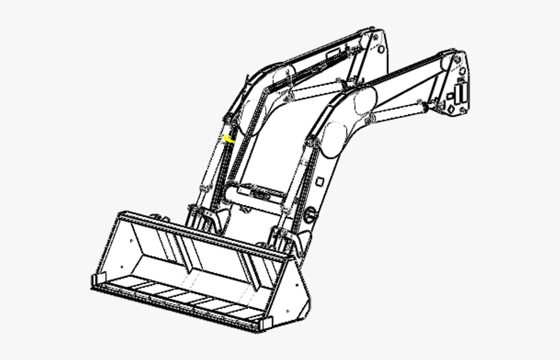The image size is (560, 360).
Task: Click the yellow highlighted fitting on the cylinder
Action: (x=230, y=140)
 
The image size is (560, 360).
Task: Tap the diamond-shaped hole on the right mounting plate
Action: (x=447, y=109)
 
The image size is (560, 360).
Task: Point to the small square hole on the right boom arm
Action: (x=319, y=181)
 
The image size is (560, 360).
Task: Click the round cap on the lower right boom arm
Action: (x=310, y=217)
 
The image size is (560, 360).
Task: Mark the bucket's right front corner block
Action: (x=266, y=323)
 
